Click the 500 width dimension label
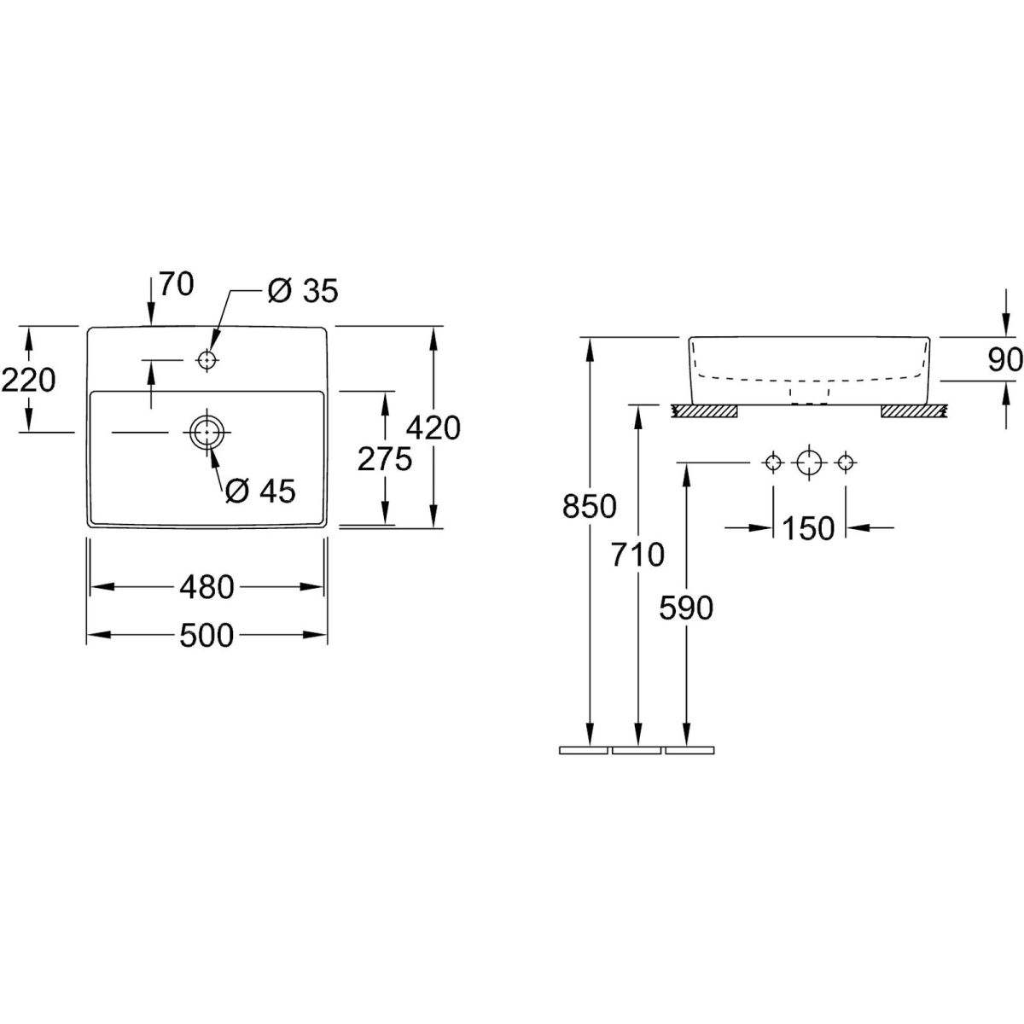(x=207, y=634)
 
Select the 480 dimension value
(x=207, y=586)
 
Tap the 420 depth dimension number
(x=433, y=428)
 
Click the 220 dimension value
(x=28, y=379)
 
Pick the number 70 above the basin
(x=176, y=284)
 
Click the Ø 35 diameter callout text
(x=302, y=291)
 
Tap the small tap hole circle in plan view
(x=205, y=361)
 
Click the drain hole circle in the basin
(x=205, y=433)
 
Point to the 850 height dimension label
(x=589, y=506)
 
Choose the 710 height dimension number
(x=637, y=555)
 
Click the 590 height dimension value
(x=686, y=608)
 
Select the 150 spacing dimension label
(x=808, y=528)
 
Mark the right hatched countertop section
(x=912, y=412)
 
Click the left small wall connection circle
(x=772, y=463)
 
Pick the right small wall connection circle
(x=845, y=463)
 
